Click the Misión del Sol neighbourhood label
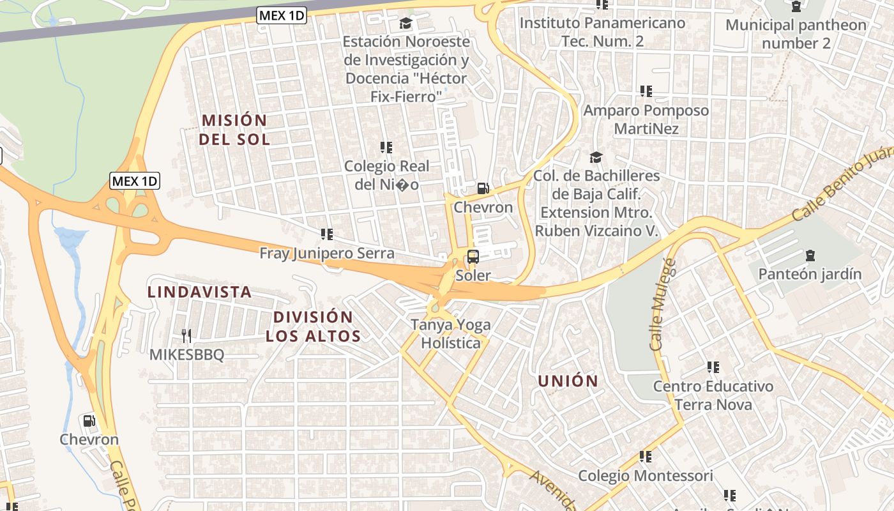[x=234, y=130]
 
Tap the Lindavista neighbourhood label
[x=199, y=292]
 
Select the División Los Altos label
[x=313, y=326]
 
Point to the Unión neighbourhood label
[x=568, y=381]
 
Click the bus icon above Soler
[x=473, y=257]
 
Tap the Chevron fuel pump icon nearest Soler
[x=483, y=188]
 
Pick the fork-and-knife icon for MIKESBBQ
[x=186, y=335]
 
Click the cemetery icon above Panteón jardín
[x=810, y=256]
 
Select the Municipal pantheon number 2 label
[x=796, y=34]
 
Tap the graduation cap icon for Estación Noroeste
[x=405, y=24]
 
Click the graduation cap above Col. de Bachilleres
[x=596, y=157]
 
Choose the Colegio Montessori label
[x=645, y=476]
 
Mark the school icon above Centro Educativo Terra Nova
[x=713, y=367]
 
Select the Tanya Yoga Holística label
[x=451, y=333]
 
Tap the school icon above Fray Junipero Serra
[x=327, y=234]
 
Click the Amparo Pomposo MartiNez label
[x=646, y=119]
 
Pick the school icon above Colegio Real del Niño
[x=386, y=148]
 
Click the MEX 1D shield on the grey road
[x=282, y=15]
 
